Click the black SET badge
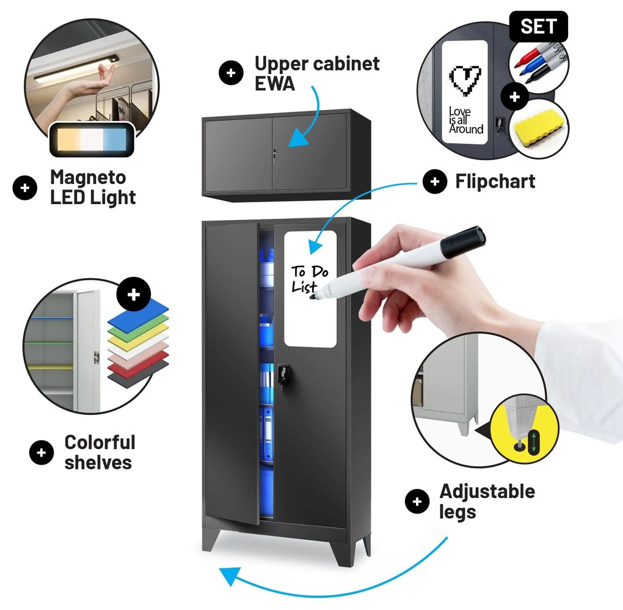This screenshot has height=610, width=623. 538,27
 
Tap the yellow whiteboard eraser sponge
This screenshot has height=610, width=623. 537,127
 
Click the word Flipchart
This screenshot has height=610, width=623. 495,182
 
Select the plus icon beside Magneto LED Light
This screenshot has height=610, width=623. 25,188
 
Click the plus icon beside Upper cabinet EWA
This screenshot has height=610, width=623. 231,73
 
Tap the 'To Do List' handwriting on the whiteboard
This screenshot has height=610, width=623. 310,279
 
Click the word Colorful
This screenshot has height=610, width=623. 100,443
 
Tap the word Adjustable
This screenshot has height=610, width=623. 487,491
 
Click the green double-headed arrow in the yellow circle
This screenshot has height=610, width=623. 534,441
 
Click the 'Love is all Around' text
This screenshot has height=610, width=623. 465,120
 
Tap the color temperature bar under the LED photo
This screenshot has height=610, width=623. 92,140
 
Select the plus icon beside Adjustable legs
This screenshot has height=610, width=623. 417,501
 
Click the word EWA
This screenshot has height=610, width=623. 275,83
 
